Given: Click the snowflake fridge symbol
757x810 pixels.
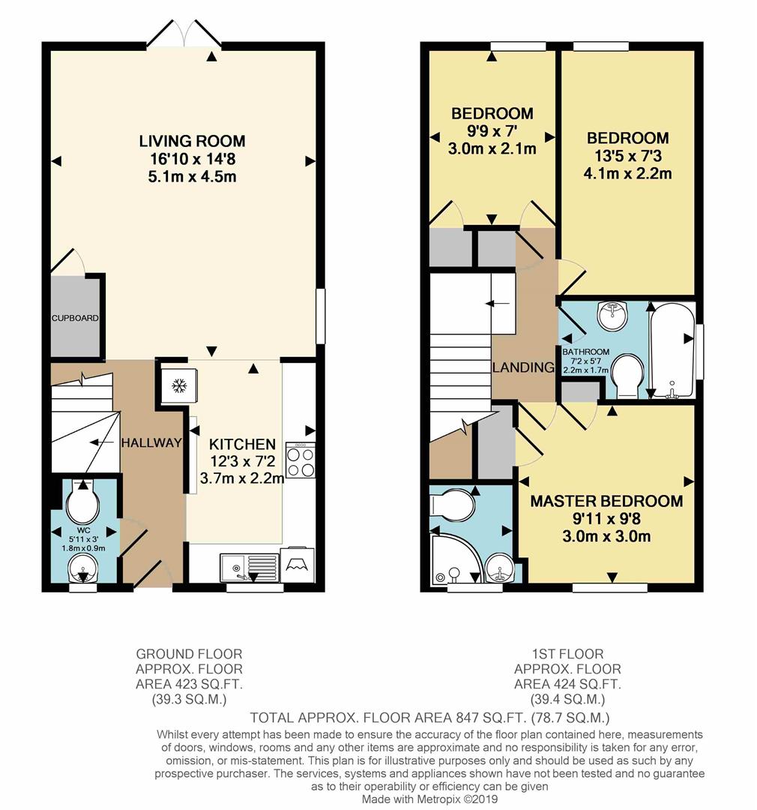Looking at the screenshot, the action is coord(179,385).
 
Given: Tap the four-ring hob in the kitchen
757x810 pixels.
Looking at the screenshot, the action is coord(300,460).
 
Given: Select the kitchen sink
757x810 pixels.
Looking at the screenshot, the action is coord(249,567).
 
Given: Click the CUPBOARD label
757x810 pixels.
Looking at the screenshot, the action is coord(75,318).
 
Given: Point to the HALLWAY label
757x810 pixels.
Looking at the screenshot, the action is coord(151,442).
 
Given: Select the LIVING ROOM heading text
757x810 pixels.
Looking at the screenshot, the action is coord(192,140).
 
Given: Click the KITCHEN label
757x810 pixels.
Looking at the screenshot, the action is coord(242,444).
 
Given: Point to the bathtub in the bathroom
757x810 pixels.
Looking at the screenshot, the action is coord(672,351).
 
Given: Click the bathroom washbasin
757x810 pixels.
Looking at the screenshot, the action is coord(612,315).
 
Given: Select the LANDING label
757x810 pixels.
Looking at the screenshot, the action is coord(523,367).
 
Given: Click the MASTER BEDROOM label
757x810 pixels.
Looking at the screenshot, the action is coord(607,500).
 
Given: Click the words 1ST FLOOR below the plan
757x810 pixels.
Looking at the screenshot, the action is coord(567,654).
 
